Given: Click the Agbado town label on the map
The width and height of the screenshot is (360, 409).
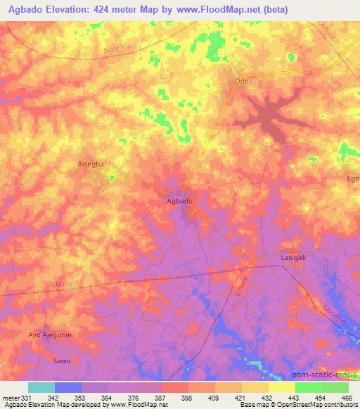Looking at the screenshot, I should [x=179, y=201].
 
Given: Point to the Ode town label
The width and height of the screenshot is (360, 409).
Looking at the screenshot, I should [x=241, y=82].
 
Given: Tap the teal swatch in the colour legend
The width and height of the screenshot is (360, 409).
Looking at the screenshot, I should [x=41, y=387].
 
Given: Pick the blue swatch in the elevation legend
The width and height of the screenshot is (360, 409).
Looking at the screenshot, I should [x=68, y=387].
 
